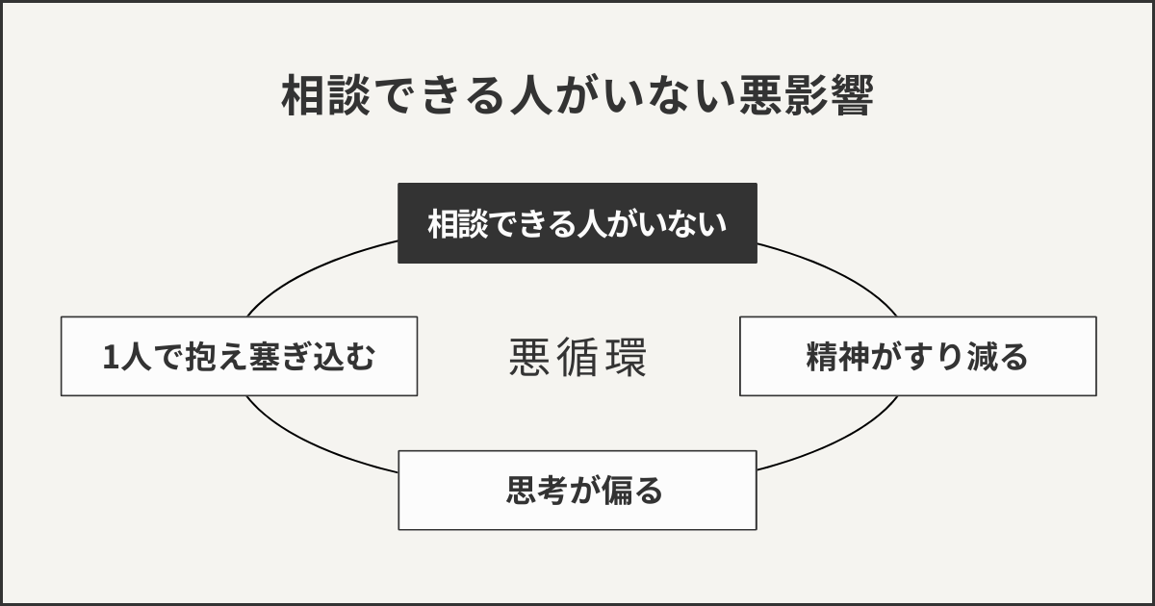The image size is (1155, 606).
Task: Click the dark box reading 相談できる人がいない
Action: pyautogui.click(x=577, y=223)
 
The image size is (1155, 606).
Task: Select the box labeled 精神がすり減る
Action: pyautogui.click(x=917, y=356)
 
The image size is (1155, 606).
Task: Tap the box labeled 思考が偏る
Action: pyautogui.click(x=577, y=491)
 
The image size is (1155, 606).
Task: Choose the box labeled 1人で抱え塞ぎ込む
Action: pyautogui.click(x=239, y=356)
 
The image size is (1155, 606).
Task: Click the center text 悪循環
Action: pyautogui.click(x=577, y=357)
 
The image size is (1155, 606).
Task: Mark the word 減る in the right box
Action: pyautogui.click(x=1002, y=357)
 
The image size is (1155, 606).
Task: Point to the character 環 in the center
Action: pyautogui.click(x=626, y=357)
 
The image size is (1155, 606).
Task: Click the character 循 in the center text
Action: pyautogui.click(x=577, y=357)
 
